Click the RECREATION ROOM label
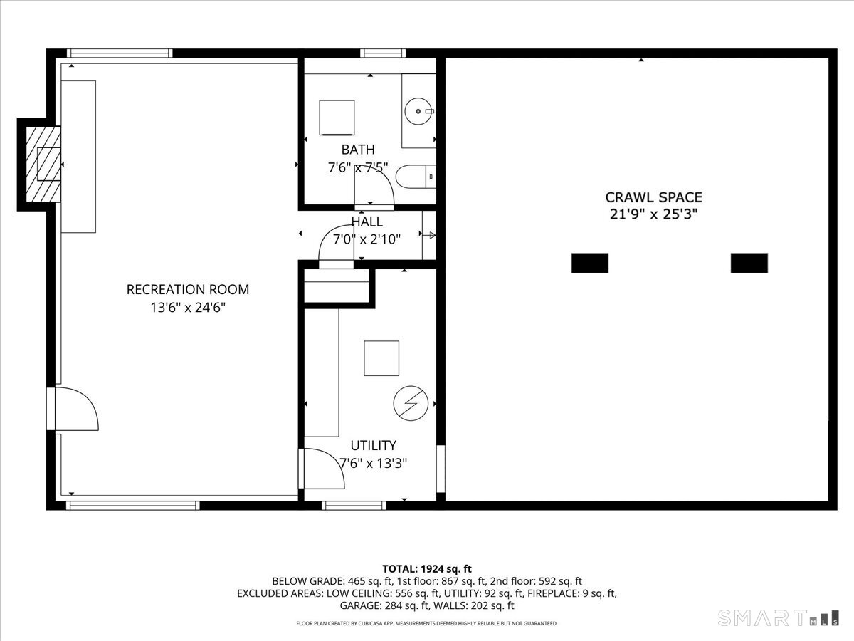tap(188, 289)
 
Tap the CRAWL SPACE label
tap(654, 197)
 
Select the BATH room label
tap(357, 150)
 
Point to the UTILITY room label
tap(373, 445)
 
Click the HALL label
tap(367, 222)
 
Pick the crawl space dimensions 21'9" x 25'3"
tap(654, 214)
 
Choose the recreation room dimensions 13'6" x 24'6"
tap(188, 308)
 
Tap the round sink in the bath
tap(418, 111)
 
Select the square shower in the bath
tap(337, 117)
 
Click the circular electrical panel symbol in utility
tap(411, 404)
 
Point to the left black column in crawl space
tap(590, 263)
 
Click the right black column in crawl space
tap(749, 263)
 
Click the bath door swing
tap(373, 189)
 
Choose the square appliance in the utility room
tap(381, 358)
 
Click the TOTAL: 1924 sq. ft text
tap(427, 568)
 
